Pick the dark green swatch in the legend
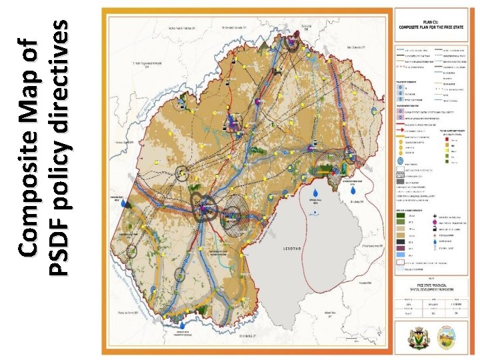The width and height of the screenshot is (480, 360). [x=401, y=215]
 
